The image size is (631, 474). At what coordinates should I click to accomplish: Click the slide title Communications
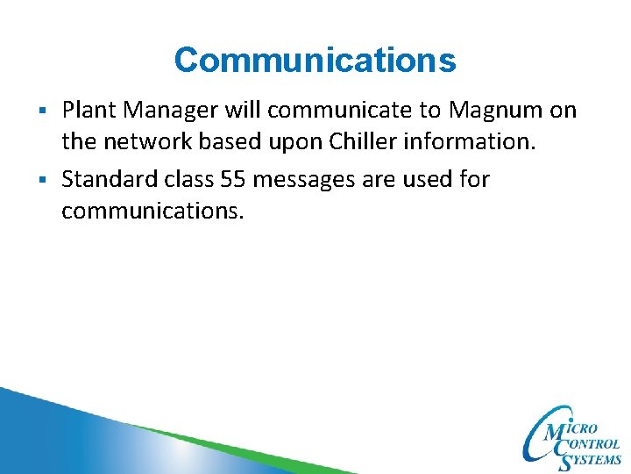click(315, 61)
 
